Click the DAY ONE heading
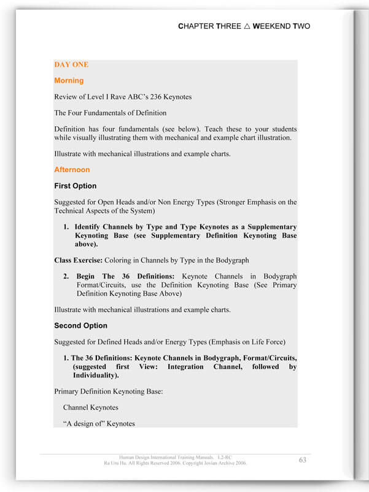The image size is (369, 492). [71, 65]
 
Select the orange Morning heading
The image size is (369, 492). [69, 81]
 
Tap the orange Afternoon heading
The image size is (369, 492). [72, 170]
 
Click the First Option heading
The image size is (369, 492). [75, 186]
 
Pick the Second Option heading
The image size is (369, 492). [80, 325]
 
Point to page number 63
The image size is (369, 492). [303, 460]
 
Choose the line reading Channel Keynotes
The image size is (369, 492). [90, 407]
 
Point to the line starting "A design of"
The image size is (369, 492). [99, 423]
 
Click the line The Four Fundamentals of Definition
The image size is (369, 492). [110, 113]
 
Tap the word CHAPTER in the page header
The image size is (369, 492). [196, 26]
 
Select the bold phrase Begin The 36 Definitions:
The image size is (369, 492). [125, 276]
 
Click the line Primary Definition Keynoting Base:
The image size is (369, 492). [108, 391]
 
